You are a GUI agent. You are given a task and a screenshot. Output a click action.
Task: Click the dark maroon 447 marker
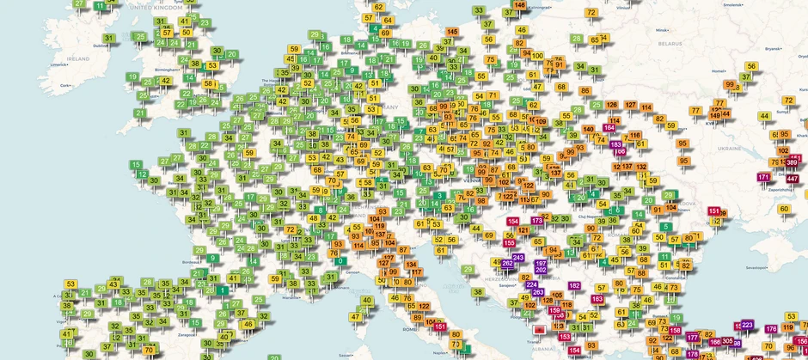click(x=792, y=178)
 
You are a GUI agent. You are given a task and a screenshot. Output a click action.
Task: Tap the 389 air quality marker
click(x=792, y=163)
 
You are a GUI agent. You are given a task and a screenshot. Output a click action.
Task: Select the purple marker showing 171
click(x=763, y=177)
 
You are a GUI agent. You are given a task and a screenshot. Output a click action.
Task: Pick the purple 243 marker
click(x=518, y=258)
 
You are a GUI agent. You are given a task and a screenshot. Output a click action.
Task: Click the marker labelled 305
click(x=727, y=341)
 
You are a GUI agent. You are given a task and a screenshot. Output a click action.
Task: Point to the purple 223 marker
click(x=747, y=325)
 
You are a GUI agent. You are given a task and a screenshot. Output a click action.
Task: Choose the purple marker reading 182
click(x=573, y=285)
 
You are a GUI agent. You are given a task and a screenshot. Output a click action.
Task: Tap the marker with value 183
click(x=615, y=144)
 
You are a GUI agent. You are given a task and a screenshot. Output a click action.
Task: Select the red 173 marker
click(x=537, y=221)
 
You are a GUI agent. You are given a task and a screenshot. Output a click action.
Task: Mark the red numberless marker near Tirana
click(x=539, y=329)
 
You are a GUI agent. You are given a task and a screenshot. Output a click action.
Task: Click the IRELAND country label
click(x=77, y=58)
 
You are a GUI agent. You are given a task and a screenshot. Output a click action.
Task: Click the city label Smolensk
click(x=732, y=4)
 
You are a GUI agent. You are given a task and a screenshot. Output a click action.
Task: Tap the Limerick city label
click(x=58, y=64)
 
